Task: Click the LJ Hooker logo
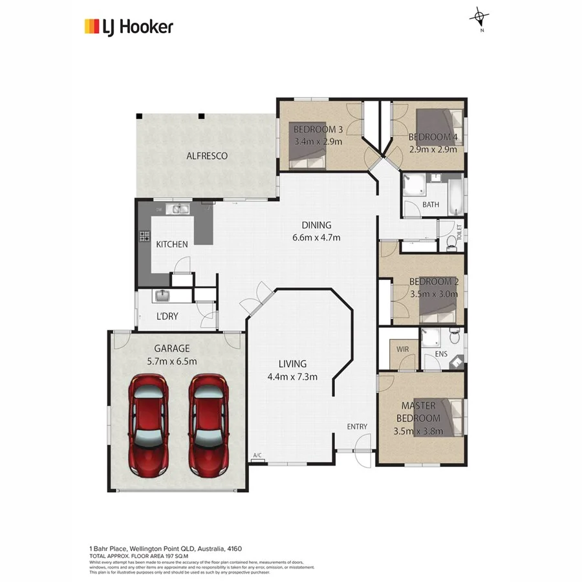pos(129,27)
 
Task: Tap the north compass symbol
pos(479,18)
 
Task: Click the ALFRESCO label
pos(207,156)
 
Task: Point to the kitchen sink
pos(177,209)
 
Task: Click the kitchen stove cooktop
pos(144,236)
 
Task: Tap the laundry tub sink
pos(162,296)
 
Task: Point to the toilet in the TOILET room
pos(451,243)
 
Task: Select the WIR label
pos(403,349)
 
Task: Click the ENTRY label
pos(357,426)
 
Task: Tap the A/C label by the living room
pos(257,456)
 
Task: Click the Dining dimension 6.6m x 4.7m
pos(316,237)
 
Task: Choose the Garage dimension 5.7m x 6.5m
pos(171,361)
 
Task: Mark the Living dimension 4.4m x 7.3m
pos(292,377)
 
